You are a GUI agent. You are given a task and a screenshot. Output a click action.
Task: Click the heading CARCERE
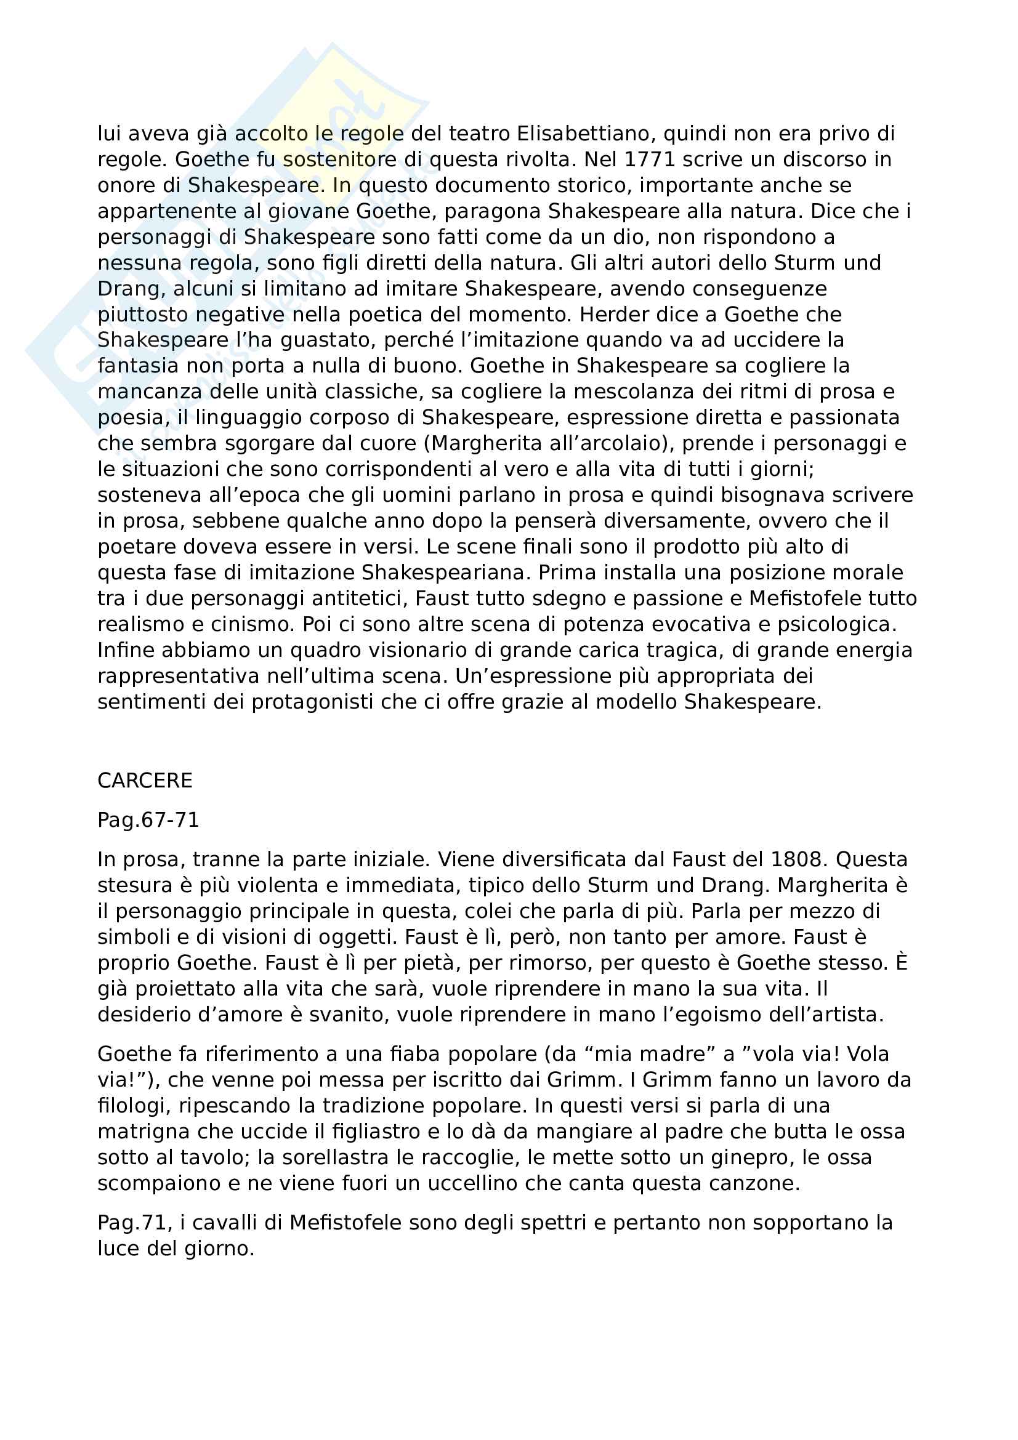click(x=145, y=780)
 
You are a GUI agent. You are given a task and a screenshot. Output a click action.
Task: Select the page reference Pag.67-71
click(x=148, y=819)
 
